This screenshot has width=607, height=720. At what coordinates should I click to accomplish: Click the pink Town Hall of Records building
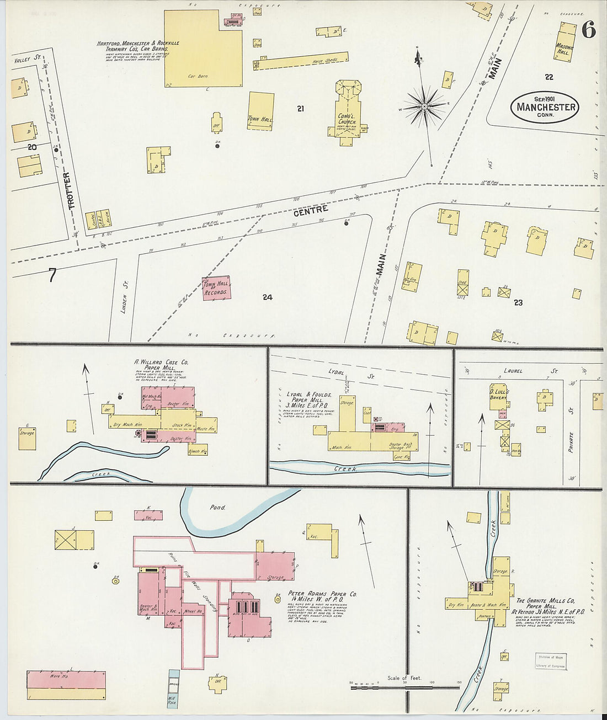coord(216,288)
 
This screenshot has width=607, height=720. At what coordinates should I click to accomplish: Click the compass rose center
coord(424,105)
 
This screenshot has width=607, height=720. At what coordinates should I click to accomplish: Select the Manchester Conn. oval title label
coord(546,106)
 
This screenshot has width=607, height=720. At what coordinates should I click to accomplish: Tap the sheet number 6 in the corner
coord(588,30)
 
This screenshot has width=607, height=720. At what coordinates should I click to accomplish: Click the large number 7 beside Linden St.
coord(52,274)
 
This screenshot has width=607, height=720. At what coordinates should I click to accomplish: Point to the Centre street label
coord(311,211)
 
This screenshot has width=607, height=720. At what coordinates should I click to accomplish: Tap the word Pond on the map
coord(217,507)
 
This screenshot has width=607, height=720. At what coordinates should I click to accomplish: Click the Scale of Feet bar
coord(404,686)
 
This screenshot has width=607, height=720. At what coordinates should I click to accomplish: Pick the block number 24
coord(267,297)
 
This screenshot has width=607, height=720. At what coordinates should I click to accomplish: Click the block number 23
coord(518,302)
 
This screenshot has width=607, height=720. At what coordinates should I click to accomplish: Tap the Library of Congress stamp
coord(550,662)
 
